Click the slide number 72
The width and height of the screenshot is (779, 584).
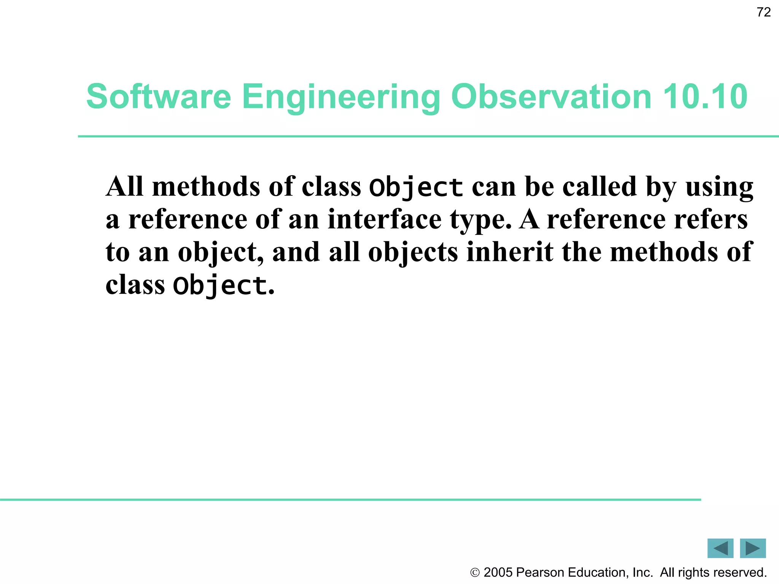[x=763, y=12]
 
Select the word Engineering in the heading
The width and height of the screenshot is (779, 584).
[x=341, y=97]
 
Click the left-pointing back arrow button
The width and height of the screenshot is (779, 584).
[x=720, y=548]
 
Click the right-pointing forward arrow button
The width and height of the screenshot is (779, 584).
[x=752, y=548]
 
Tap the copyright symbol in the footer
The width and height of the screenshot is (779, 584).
[x=475, y=573]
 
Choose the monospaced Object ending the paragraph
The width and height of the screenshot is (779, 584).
[x=220, y=286]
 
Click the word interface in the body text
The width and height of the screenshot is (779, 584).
[x=385, y=219]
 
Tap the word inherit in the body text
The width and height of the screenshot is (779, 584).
[x=510, y=252]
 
